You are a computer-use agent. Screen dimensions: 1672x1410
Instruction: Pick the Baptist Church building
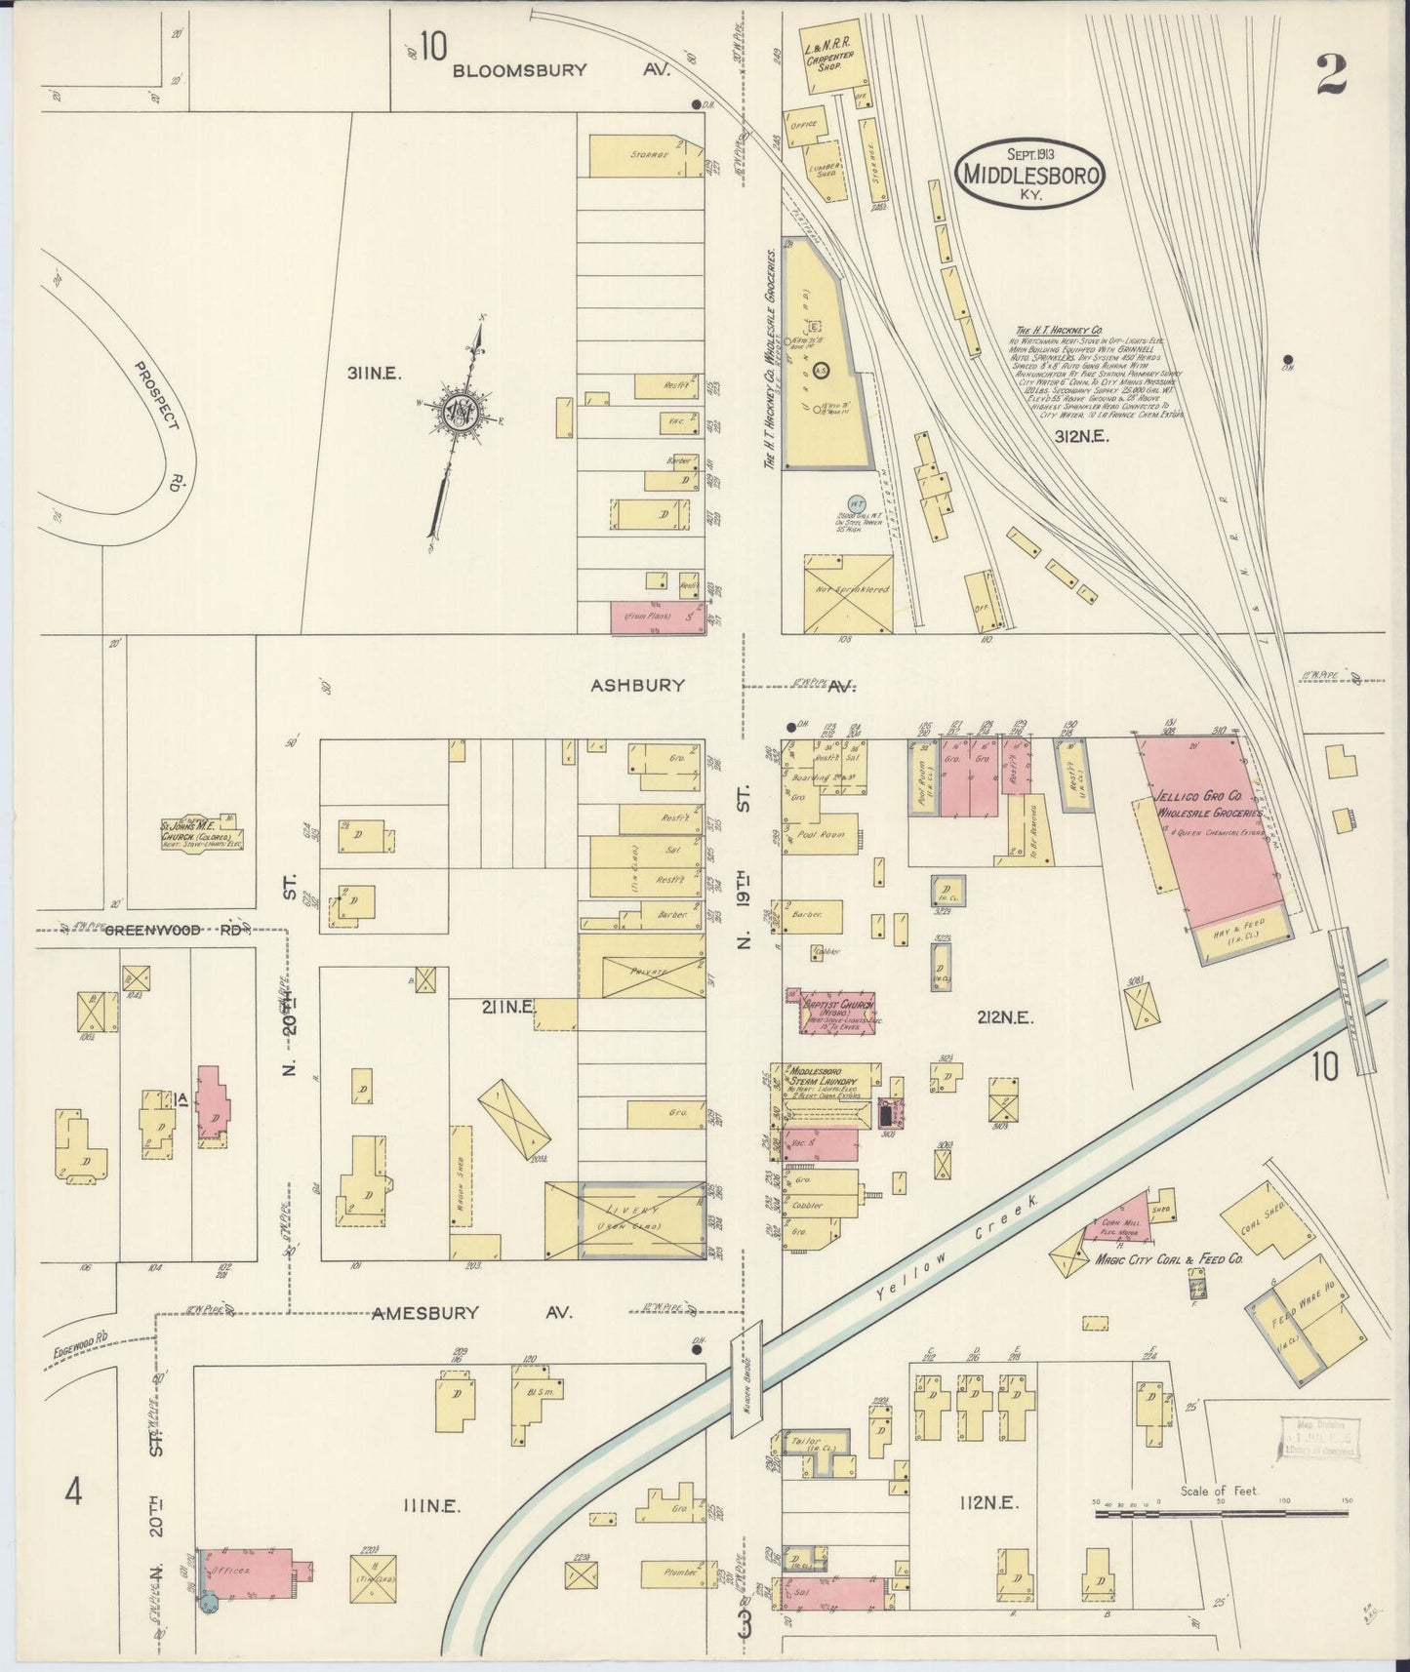click(x=837, y=1013)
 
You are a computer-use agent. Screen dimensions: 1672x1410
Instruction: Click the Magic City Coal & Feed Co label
click(x=1168, y=1259)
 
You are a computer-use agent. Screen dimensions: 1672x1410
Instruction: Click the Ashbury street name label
click(x=637, y=686)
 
